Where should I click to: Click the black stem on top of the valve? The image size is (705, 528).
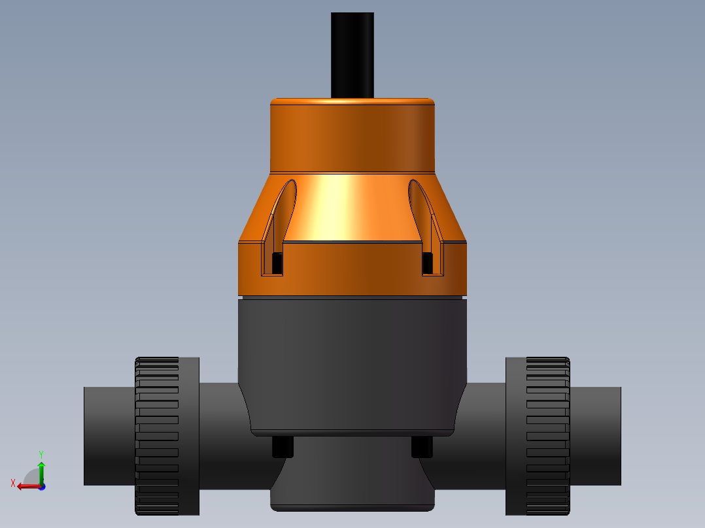click(352, 56)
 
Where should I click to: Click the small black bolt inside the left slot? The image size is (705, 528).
click(277, 263)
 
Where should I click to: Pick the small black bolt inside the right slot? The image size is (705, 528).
click(428, 263)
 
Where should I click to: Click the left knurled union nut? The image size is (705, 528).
click(157, 436)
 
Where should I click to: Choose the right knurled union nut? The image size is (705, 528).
click(548, 436)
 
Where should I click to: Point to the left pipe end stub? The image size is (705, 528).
click(109, 436)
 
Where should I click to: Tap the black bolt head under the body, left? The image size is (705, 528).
click(283, 447)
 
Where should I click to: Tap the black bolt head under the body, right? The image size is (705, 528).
click(422, 447)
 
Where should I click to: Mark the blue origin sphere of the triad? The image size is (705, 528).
click(41, 486)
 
